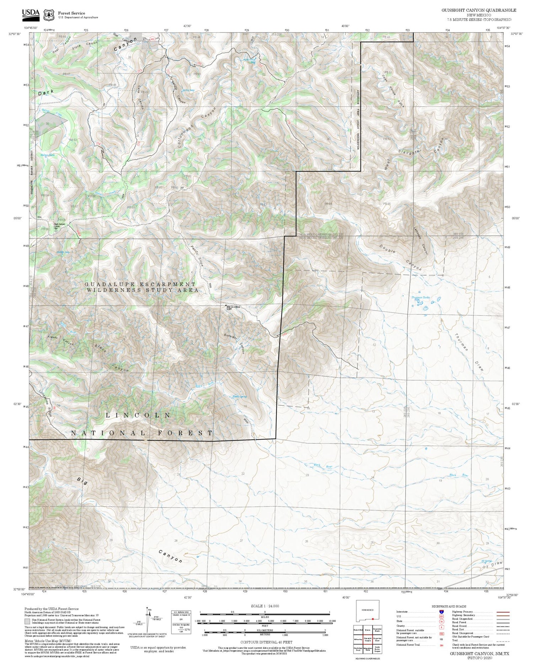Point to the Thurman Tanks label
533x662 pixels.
tap(420, 297)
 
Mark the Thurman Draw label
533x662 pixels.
tap(469, 352)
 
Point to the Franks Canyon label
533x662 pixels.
tap(60, 340)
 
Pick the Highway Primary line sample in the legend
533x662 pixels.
tap(501, 612)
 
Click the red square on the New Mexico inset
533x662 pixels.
tap(372, 619)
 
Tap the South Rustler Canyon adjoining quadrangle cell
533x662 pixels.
tap(377, 649)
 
